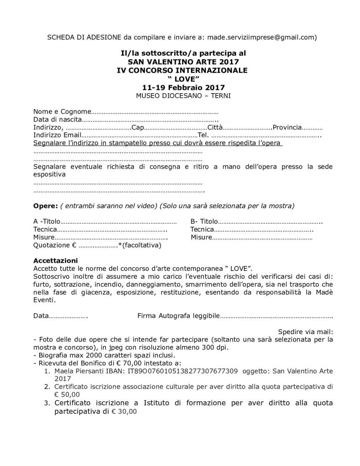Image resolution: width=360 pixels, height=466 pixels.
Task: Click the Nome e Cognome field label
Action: point(60,112)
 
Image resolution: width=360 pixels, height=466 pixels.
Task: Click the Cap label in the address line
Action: point(138,128)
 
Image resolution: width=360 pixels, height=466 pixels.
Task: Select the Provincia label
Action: point(287,128)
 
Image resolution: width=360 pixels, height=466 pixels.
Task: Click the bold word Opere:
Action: point(45,206)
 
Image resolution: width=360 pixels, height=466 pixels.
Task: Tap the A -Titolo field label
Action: point(47,221)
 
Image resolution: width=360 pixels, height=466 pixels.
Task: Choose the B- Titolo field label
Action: point(204,221)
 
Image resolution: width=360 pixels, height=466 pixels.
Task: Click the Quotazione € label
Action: point(54,245)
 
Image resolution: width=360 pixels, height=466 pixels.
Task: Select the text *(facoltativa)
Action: point(140,245)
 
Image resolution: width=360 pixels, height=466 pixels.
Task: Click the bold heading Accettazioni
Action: point(56,260)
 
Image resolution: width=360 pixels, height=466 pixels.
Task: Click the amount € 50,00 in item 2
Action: point(67,394)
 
